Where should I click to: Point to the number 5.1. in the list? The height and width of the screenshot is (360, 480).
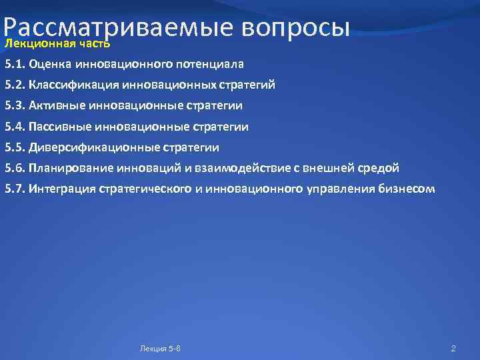point(15,65)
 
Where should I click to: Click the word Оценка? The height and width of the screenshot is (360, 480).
point(51,65)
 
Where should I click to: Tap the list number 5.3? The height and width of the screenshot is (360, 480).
point(15,106)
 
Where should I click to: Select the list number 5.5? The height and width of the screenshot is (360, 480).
point(15,147)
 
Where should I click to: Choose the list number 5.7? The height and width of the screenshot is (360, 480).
point(15,189)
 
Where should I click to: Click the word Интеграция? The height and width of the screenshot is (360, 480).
point(62,189)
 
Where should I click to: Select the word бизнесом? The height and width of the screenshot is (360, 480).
point(408,189)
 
